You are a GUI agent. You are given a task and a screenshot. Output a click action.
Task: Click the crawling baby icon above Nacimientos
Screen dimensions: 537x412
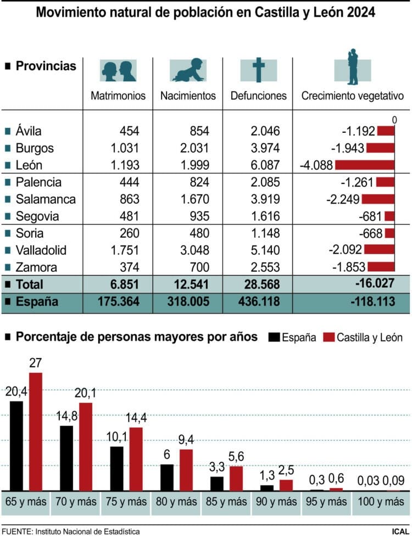tap(188, 70)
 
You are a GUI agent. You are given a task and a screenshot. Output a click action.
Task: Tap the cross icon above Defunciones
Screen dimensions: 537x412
tap(258, 70)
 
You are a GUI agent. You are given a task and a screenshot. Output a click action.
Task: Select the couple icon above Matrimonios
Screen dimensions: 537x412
tap(118, 70)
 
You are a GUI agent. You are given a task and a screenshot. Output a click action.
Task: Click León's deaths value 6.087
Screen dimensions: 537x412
tap(263, 165)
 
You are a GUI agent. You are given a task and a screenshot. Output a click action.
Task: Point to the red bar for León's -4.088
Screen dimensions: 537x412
tap(365, 165)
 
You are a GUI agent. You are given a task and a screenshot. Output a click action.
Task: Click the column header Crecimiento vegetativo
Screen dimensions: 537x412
tap(353, 96)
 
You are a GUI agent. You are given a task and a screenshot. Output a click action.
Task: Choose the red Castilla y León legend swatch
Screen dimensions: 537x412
tap(330, 337)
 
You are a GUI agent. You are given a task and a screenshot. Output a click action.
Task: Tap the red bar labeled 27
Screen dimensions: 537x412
tap(35, 432)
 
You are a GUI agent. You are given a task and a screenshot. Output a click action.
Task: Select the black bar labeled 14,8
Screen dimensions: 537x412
tap(66, 458)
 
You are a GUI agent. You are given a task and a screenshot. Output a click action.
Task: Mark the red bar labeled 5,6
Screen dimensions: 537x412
tap(236, 478)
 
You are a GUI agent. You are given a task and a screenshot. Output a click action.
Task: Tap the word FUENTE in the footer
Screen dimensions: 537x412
tap(16, 531)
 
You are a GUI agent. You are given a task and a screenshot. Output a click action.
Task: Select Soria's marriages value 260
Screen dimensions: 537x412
tap(130, 233)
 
